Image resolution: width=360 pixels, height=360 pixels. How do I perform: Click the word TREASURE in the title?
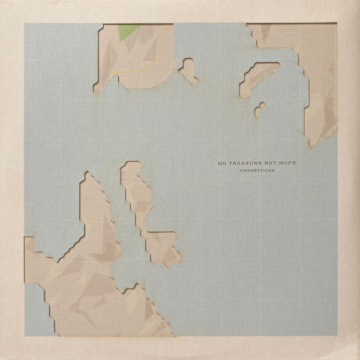point(245,162)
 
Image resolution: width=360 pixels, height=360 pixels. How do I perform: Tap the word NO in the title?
point(223,162)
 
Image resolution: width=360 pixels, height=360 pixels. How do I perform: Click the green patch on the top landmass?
point(127,31)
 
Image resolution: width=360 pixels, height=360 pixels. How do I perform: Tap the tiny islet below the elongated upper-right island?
point(259,110)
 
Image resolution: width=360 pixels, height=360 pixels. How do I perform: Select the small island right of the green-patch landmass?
point(188,70)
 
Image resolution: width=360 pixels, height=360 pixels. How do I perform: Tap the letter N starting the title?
point(220,162)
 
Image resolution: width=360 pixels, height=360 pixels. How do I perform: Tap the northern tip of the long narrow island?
point(128,163)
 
